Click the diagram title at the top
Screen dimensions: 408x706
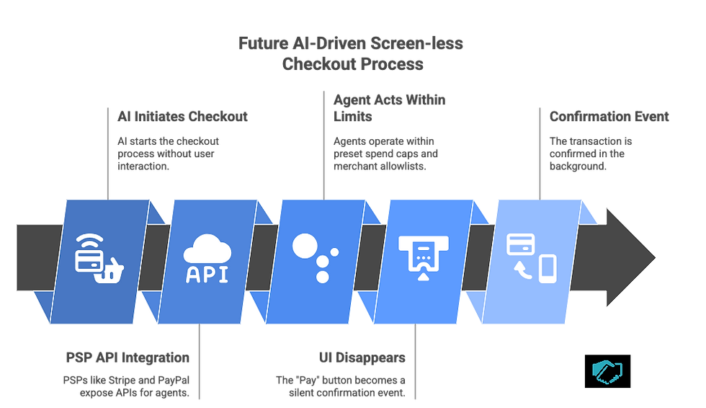pyautogui.click(x=352, y=54)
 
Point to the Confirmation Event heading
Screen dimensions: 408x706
pyautogui.click(x=609, y=116)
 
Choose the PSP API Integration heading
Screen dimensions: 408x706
pyautogui.click(x=128, y=358)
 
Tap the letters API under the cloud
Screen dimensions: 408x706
pyautogui.click(x=207, y=275)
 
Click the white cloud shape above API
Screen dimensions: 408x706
pyautogui.click(x=207, y=251)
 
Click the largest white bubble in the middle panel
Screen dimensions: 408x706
pyautogui.click(x=305, y=245)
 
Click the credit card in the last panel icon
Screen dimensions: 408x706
pyautogui.click(x=520, y=244)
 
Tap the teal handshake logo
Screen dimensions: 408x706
pyautogui.click(x=607, y=370)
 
